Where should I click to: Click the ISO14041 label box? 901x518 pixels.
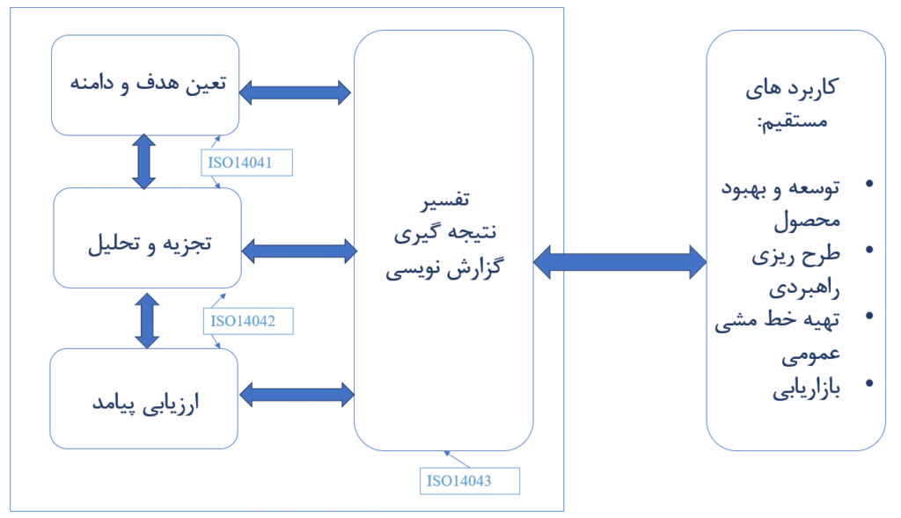point(245,163)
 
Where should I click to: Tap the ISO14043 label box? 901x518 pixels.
point(470,480)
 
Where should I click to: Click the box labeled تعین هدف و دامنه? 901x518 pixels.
point(146,84)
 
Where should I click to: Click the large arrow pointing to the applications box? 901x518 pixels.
point(620,261)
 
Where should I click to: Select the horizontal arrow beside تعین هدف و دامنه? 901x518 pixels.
point(296,91)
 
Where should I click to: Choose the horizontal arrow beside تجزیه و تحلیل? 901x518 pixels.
point(298,252)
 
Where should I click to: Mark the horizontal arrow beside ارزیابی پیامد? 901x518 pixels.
point(296,394)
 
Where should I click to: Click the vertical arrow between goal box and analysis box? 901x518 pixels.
point(143,161)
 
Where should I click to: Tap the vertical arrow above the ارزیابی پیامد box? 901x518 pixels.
point(147,319)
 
